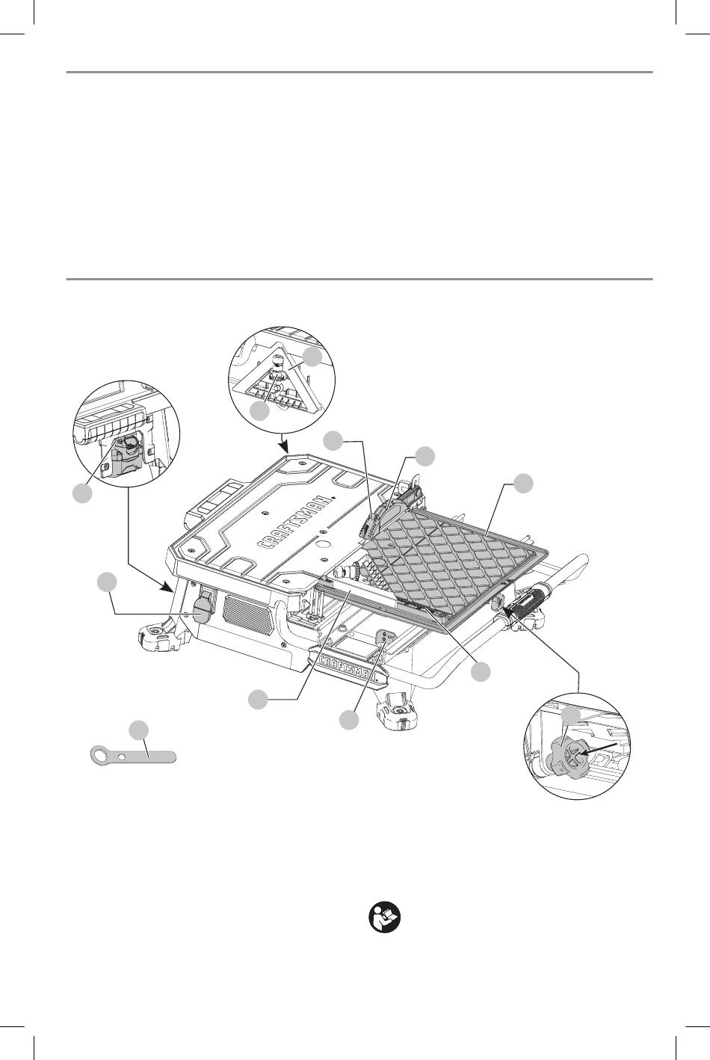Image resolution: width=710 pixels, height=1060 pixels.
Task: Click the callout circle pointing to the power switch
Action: (x=108, y=582)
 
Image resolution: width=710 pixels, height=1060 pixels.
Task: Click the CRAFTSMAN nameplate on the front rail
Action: (x=351, y=665)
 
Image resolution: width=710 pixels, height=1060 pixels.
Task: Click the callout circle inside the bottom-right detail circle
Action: (x=572, y=716)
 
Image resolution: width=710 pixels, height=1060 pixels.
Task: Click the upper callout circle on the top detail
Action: (x=315, y=356)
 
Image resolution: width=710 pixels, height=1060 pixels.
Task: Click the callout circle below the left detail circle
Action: (x=83, y=493)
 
